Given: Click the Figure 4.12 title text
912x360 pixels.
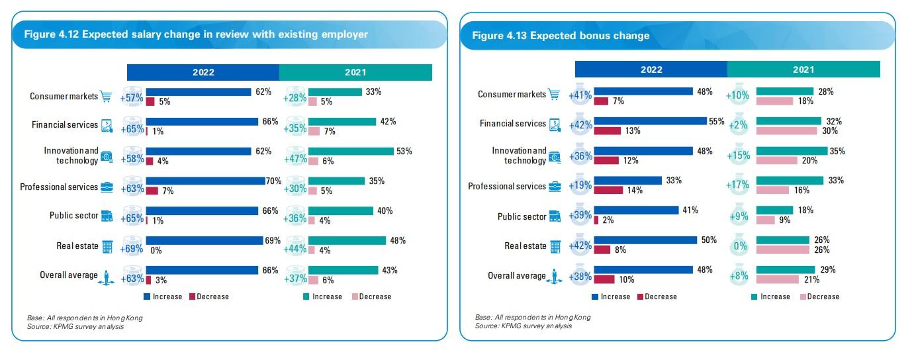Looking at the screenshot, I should (195, 34).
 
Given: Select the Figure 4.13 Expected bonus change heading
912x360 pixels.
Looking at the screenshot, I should (560, 36).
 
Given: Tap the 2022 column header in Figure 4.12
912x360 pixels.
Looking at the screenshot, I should (203, 72).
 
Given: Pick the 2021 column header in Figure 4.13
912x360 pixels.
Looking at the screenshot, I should (803, 69).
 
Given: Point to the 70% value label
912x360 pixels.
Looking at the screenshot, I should (274, 181).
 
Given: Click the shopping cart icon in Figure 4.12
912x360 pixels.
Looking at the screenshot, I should (106, 97).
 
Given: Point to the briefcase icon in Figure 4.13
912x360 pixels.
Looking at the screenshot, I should (555, 186).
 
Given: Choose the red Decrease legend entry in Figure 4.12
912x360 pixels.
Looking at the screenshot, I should (209, 296).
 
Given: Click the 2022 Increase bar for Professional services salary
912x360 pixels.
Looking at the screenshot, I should (205, 181).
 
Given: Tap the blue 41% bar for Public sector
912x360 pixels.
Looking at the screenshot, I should (635, 210).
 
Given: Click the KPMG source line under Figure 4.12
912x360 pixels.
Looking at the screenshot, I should (75, 326).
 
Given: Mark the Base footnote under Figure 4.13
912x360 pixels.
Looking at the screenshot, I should (533, 318).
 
